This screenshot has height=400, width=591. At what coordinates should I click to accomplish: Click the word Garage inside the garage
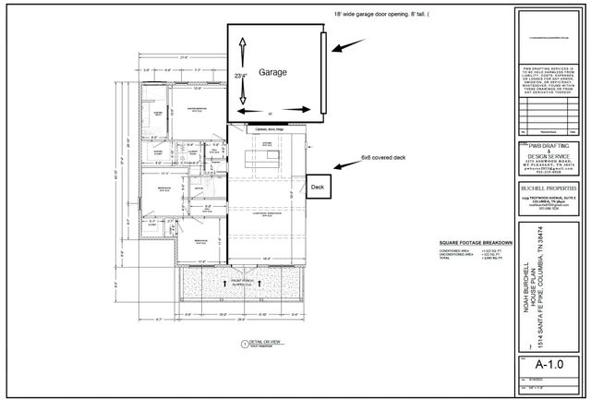click(272, 71)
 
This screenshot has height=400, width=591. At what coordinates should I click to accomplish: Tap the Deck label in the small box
click(319, 186)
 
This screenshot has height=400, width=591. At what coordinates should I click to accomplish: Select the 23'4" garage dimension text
click(240, 77)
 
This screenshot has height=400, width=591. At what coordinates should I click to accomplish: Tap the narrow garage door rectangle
click(323, 74)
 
